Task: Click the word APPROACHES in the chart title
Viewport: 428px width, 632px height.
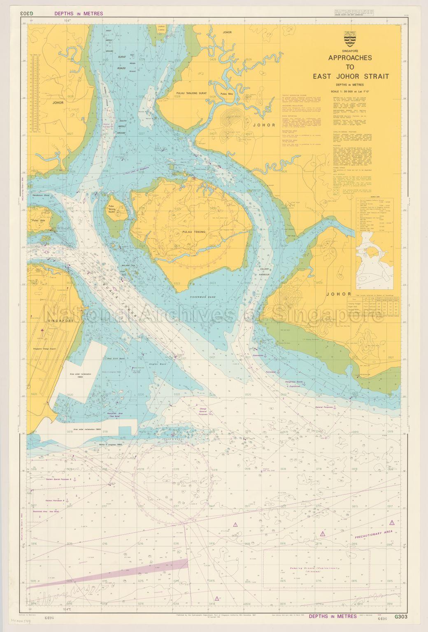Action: coord(350,58)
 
